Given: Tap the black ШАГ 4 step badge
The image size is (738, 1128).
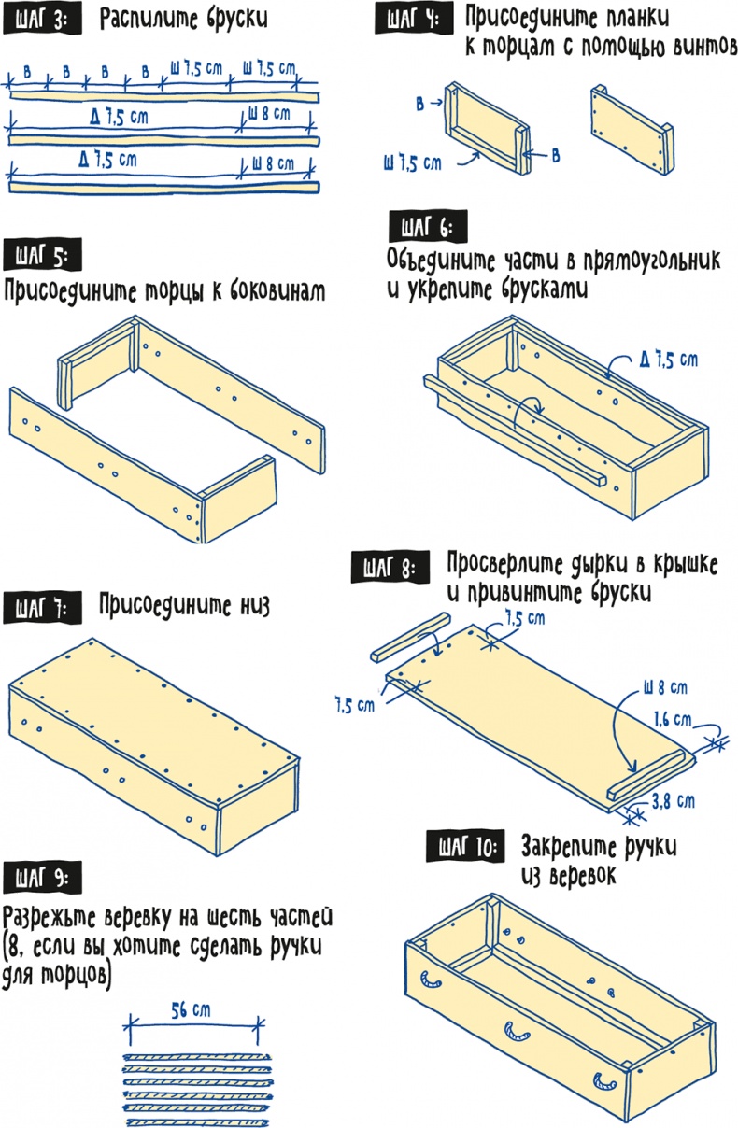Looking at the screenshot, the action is pos(414,20).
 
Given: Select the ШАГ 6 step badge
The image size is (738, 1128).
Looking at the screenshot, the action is pos(428,228).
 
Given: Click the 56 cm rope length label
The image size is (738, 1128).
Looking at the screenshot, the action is pos(191,1010).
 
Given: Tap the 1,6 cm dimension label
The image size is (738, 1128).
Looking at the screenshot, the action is pos(673,720).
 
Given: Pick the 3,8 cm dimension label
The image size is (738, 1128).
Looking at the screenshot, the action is pos(674,800).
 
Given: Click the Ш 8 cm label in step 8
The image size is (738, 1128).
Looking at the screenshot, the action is pos(665,687).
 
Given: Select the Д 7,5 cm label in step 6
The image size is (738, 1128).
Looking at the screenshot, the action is pos(669,360).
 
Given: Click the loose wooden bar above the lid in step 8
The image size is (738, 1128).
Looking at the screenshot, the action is pos(410,637).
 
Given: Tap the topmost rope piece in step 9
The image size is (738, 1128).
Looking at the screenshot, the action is pos(197,1055).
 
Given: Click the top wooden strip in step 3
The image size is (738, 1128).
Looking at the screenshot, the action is pos(163,97).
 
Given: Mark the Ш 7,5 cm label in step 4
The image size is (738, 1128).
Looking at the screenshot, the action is pos(412,163).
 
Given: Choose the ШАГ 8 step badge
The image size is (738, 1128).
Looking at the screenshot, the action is pos(390,569).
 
